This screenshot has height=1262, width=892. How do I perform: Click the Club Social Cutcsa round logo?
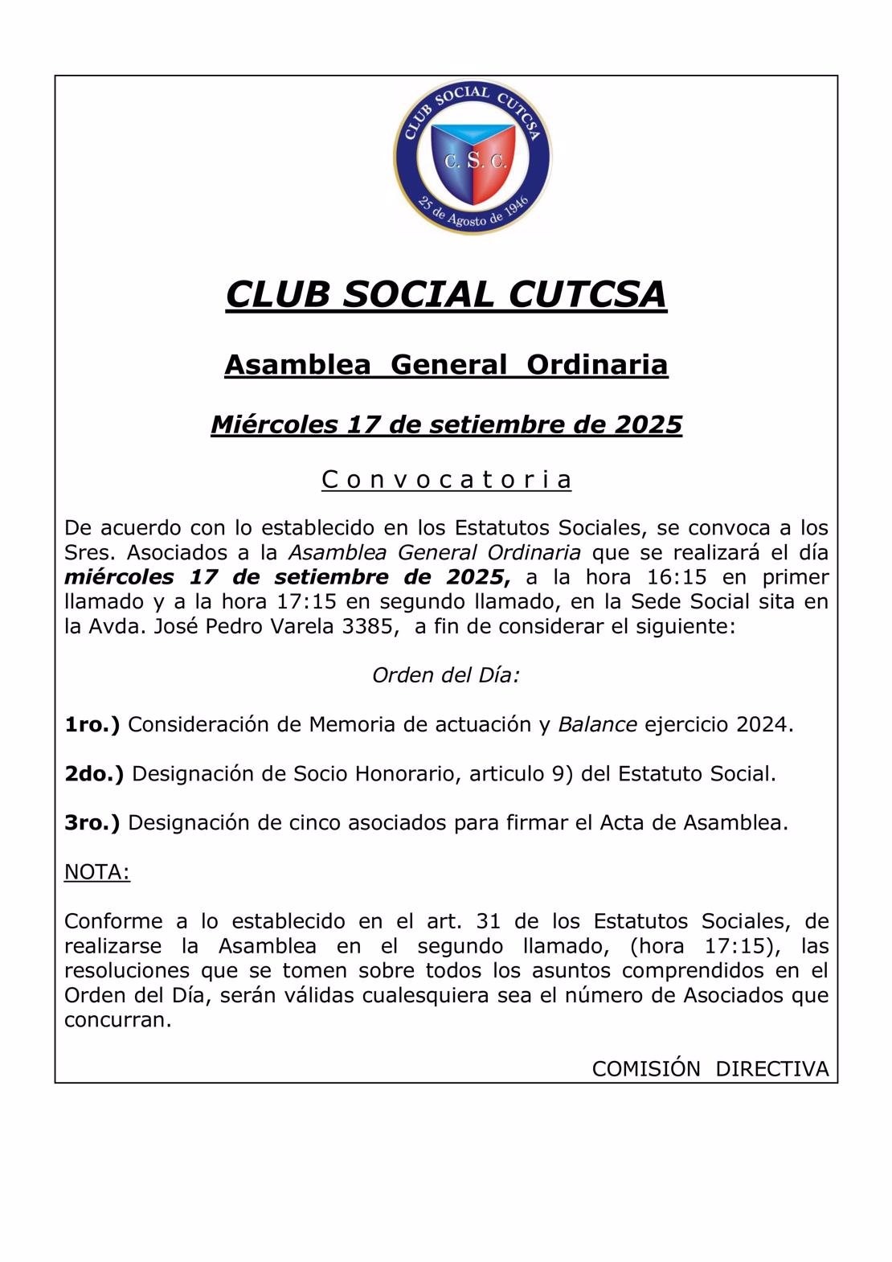coord(473,158)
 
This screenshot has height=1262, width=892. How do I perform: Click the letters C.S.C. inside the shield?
coord(475,161)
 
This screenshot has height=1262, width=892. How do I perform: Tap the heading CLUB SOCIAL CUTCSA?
coord(446,294)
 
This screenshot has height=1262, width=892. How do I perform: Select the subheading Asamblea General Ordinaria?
coord(446,365)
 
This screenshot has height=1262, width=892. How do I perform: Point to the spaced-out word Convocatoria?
coord(446,480)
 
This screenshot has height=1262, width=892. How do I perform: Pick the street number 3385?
coord(370,626)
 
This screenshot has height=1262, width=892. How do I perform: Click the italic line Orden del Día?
coord(446,675)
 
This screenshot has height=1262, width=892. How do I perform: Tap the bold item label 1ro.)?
coord(92,724)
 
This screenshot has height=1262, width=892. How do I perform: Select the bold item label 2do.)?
coord(94,773)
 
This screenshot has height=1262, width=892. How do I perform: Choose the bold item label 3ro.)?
coord(92,822)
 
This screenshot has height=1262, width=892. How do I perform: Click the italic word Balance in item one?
coord(597,724)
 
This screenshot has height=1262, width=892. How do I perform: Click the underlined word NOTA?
coord(96,872)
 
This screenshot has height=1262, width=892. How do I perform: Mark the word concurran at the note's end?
coord(117,1020)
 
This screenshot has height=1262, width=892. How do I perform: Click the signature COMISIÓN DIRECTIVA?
coord(710,1069)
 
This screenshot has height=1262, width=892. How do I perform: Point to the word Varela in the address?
coord(299,626)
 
